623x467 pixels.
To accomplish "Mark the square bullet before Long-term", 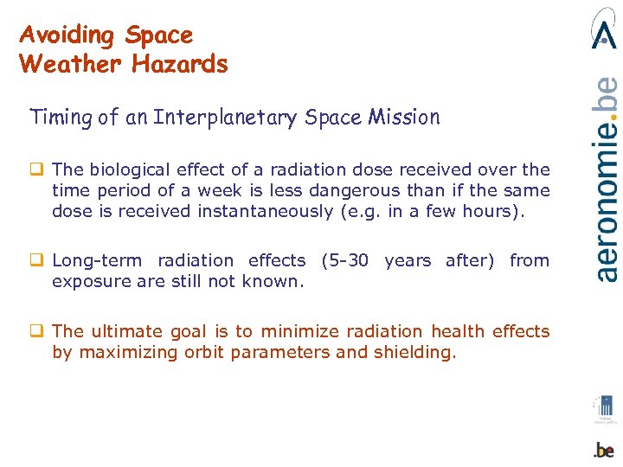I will [40, 260].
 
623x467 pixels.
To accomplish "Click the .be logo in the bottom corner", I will [604, 449].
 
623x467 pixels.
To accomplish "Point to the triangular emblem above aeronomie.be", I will [604, 29].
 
